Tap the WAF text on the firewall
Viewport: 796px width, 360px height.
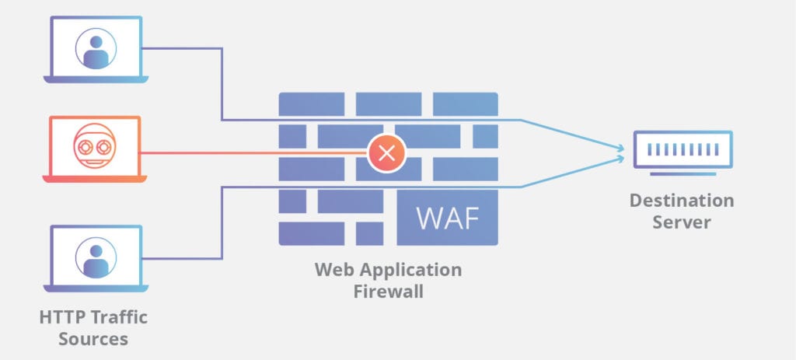pyautogui.click(x=447, y=218)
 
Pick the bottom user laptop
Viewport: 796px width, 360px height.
pyautogui.click(x=95, y=259)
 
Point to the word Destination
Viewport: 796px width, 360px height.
pyautogui.click(x=681, y=201)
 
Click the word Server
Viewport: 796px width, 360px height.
pyautogui.click(x=681, y=222)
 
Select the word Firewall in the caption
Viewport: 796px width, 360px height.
pyautogui.click(x=388, y=292)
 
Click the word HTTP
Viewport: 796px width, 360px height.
pyautogui.click(x=60, y=317)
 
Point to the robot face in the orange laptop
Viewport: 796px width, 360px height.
pyautogui.click(x=95, y=146)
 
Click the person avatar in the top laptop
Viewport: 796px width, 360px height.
pyautogui.click(x=96, y=47)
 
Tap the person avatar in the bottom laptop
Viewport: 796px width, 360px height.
pyautogui.click(x=96, y=257)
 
